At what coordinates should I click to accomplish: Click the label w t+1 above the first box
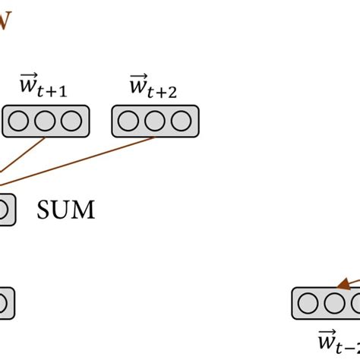coord(45,87)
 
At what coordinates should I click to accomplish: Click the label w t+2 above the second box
coord(154,87)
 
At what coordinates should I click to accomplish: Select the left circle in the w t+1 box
coord(21,122)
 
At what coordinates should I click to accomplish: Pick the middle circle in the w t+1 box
coord(46,122)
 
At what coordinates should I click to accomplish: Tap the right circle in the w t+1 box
coord(70,122)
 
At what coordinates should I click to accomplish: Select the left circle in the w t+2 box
coord(130,122)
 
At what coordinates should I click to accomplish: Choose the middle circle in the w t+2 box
coord(155,122)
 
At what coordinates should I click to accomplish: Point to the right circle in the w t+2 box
coord(180,122)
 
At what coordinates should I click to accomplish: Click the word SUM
coord(66,210)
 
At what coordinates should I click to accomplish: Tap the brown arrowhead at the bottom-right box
coord(345,284)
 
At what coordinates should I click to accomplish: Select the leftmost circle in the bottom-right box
coord(308,304)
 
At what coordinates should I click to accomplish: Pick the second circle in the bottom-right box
coord(333,304)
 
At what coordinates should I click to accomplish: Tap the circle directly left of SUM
coord(4,210)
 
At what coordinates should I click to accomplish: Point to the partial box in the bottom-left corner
coord(5,304)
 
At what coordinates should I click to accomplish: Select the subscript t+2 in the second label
coord(166,93)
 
